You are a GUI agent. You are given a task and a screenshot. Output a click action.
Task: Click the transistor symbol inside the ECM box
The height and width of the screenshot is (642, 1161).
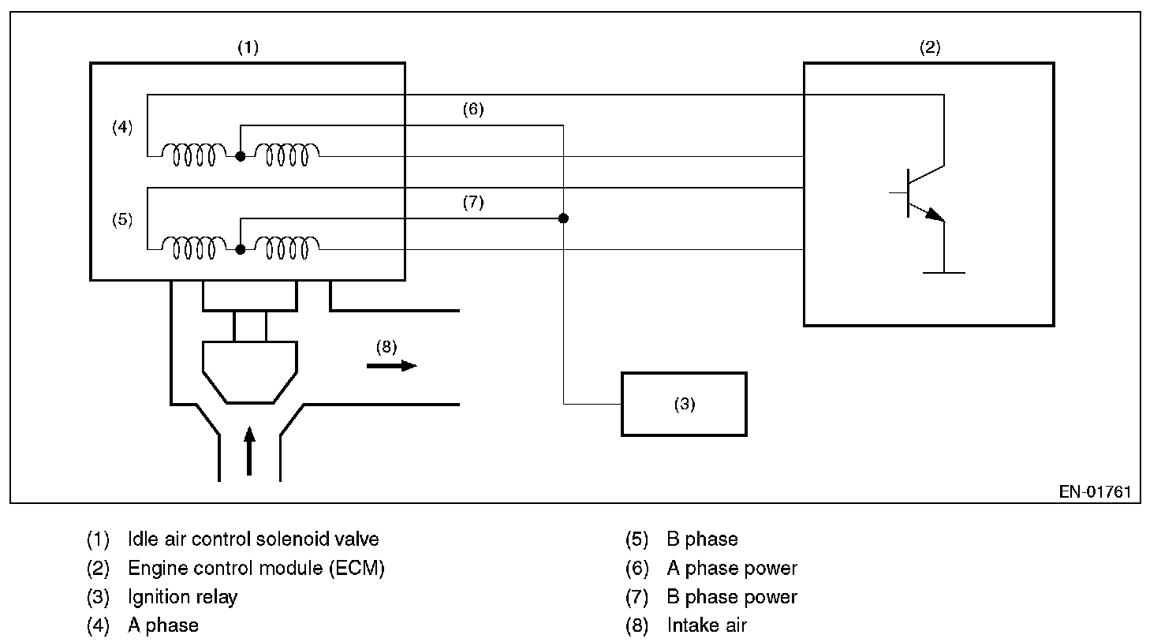[x=919, y=193]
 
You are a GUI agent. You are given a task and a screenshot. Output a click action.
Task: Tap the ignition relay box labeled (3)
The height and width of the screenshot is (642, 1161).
[x=684, y=404]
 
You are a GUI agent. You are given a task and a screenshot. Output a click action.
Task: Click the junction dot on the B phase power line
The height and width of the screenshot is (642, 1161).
[x=563, y=218]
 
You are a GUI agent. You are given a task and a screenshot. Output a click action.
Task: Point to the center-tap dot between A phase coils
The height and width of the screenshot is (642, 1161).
[x=241, y=156]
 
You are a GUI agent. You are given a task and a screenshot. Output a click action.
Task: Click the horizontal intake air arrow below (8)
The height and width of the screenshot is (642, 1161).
[x=391, y=365]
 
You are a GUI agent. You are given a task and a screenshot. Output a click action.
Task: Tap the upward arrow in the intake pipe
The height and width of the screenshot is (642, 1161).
[x=250, y=451]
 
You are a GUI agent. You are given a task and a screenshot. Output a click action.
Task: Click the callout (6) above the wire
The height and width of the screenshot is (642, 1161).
[x=472, y=110]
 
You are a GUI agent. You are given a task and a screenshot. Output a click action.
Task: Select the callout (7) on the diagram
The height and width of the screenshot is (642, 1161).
[x=472, y=203]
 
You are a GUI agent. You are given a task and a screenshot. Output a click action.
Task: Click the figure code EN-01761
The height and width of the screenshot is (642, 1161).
[x=1095, y=492]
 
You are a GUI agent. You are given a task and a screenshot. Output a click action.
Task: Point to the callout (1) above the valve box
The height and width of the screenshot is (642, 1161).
[x=248, y=47]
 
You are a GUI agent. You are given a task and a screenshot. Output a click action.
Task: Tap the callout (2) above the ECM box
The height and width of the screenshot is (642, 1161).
[x=930, y=47]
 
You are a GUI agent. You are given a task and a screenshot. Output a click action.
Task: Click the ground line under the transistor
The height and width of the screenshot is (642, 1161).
[x=943, y=273]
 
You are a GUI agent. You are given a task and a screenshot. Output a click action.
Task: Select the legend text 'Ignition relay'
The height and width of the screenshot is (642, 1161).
[x=182, y=597]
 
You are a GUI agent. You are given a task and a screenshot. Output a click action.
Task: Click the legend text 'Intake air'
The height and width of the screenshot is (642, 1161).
[x=706, y=625]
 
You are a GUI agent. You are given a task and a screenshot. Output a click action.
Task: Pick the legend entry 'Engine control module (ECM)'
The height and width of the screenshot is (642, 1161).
[x=256, y=568]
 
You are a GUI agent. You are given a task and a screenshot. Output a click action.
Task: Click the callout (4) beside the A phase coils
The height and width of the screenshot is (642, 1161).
[x=122, y=127]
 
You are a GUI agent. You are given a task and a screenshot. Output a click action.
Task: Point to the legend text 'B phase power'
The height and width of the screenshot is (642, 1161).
[x=731, y=597]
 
